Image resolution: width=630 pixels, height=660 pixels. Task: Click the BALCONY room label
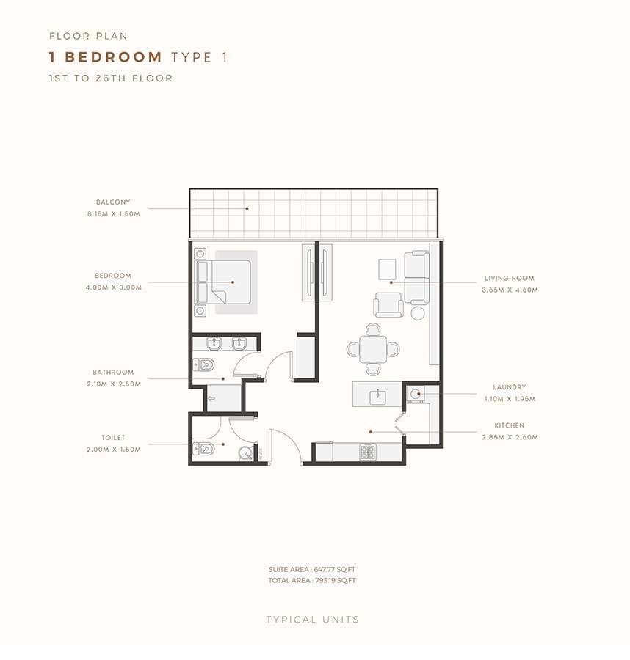pos(113,202)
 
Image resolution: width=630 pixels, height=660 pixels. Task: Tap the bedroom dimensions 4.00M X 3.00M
pos(114,287)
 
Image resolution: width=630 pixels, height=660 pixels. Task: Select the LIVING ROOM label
pos(510,278)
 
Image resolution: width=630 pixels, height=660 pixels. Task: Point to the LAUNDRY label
pos(510,387)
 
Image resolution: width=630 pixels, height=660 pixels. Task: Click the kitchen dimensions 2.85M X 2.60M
pos(510,437)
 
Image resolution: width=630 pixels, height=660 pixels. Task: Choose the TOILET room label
pos(113,438)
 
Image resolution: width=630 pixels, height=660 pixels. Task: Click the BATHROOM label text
pos(113,373)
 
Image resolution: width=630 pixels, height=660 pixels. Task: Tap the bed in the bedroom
pos(223,282)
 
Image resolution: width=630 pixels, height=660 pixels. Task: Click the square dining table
pos(373,349)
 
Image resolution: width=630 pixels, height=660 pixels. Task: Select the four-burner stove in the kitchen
pos(367,452)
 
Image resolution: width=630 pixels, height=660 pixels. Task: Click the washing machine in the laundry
pos(416,395)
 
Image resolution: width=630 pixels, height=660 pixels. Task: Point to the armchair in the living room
pos(388,305)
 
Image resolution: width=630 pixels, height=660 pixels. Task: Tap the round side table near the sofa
pos(418,313)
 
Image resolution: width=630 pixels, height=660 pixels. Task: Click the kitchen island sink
pos(378,397)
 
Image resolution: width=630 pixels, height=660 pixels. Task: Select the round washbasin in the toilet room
pos(245,453)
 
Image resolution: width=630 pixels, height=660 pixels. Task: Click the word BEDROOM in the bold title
pos(113,56)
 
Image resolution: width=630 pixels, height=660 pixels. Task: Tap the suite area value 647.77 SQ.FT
pos(335,570)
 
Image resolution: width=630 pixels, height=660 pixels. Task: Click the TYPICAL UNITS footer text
pos(313,620)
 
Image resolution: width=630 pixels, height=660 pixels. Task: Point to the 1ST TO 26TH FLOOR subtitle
pos(111,78)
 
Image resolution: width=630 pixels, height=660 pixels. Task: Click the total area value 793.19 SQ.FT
pos(336,581)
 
